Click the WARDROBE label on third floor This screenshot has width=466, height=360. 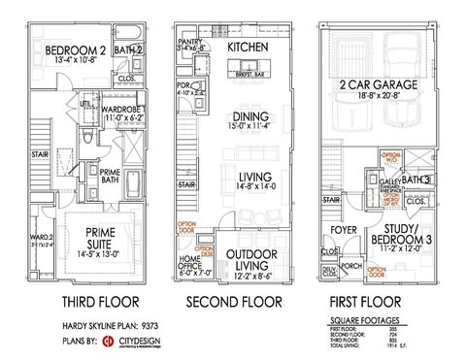(x=123, y=110)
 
